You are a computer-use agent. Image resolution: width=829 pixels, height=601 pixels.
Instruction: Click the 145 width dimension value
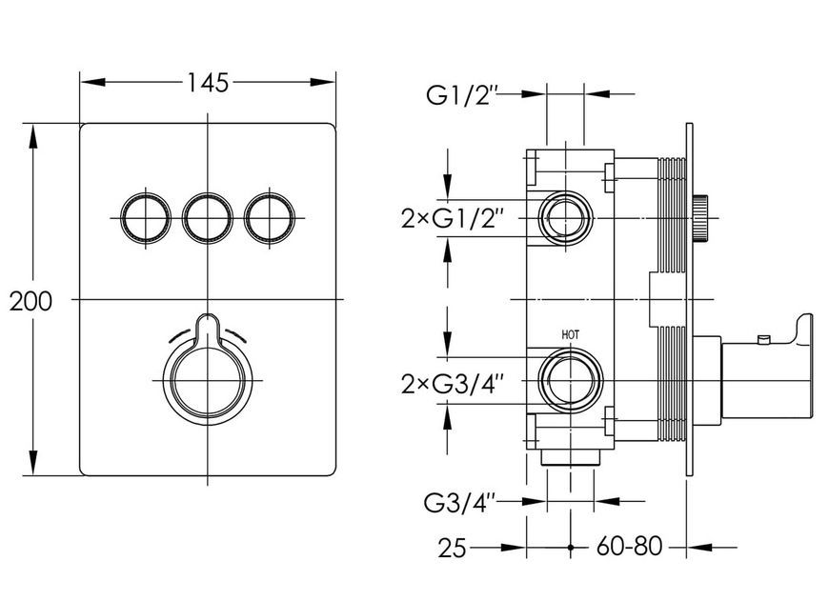pyautogui.click(x=208, y=83)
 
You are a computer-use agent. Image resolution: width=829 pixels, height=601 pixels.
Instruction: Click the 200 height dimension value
pyautogui.click(x=31, y=301)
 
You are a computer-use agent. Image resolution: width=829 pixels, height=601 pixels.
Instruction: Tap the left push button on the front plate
pyautogui.click(x=146, y=218)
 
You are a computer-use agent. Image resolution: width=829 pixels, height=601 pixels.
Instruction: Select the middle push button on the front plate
pyautogui.click(x=208, y=218)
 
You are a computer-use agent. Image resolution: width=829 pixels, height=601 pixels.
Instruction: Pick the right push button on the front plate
pyautogui.click(x=270, y=218)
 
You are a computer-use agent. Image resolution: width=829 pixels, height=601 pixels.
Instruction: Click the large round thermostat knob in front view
pyautogui.click(x=208, y=381)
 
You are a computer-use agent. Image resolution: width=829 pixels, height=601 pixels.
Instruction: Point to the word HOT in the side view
pyautogui.click(x=571, y=334)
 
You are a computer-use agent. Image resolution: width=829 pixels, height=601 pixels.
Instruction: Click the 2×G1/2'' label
pyautogui.click(x=450, y=218)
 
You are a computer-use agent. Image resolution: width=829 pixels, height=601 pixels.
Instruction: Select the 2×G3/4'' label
pyautogui.click(x=450, y=384)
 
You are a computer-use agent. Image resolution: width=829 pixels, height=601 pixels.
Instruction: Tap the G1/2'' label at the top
pyautogui.click(x=462, y=95)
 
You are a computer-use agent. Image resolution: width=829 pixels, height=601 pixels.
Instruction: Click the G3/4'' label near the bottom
pyautogui.click(x=459, y=503)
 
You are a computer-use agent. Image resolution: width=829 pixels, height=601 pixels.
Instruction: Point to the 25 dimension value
pyautogui.click(x=452, y=549)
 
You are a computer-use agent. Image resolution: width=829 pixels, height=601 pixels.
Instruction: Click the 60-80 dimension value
pyautogui.click(x=629, y=546)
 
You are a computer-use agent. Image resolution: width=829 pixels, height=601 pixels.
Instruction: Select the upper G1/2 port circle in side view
pyautogui.click(x=566, y=218)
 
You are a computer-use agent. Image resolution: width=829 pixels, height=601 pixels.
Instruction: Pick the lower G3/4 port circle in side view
pyautogui.click(x=571, y=381)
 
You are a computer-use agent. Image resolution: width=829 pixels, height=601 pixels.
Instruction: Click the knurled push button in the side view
pyautogui.click(x=700, y=218)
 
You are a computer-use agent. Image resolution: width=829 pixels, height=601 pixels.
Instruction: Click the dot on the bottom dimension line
pyautogui.click(x=571, y=548)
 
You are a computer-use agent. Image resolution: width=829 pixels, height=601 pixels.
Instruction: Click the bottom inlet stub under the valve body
pyautogui.click(x=571, y=458)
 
